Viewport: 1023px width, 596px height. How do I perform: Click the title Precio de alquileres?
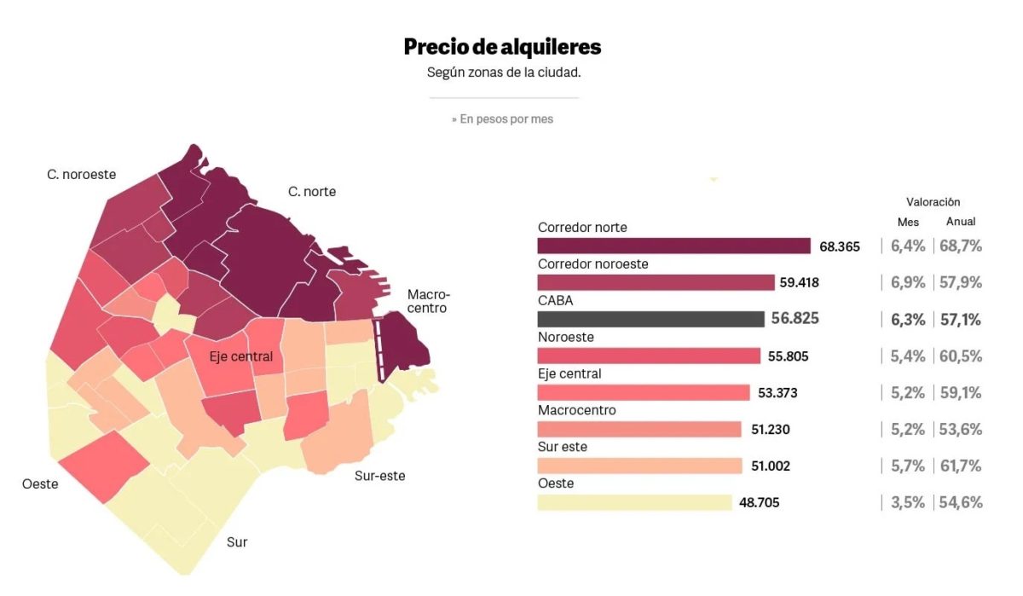(x=502, y=46)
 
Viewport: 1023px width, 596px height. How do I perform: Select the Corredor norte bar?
(x=673, y=246)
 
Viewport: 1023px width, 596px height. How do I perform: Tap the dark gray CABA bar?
(x=650, y=319)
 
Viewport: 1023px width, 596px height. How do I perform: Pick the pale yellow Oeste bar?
(x=634, y=502)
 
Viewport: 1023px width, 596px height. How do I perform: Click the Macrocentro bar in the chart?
(x=639, y=429)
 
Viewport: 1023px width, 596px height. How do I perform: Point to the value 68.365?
(x=840, y=246)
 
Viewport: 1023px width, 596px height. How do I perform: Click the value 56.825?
(x=795, y=319)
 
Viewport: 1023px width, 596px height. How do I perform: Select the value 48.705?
(x=759, y=502)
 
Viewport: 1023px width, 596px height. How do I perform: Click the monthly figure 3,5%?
(x=908, y=502)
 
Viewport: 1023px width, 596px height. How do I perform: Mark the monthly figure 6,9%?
(x=908, y=283)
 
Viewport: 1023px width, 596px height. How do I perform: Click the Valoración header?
(x=933, y=202)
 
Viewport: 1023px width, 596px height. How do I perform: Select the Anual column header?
(x=961, y=222)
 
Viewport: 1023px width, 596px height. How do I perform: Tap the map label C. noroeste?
(x=81, y=175)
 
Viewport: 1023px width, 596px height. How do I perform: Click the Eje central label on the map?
(x=241, y=356)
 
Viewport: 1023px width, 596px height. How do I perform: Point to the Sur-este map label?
(x=379, y=476)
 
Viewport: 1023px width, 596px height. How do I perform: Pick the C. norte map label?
(x=312, y=192)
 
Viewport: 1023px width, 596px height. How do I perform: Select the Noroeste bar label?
(x=566, y=337)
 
